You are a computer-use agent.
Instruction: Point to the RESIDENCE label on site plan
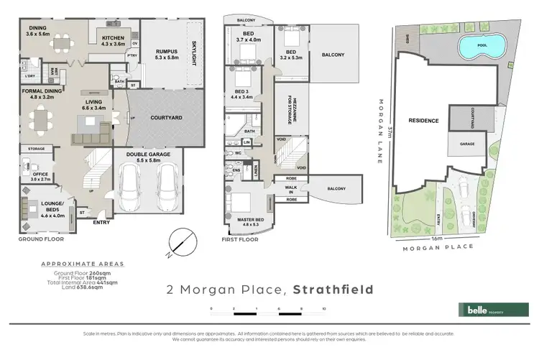(423, 121)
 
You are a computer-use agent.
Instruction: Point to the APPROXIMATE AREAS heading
(82, 264)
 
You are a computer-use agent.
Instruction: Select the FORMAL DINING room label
(41, 93)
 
